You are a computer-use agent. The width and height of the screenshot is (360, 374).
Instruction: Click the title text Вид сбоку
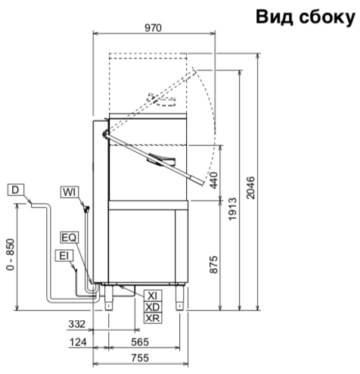[306, 17]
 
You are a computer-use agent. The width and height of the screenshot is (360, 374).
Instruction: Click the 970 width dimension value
[153, 28]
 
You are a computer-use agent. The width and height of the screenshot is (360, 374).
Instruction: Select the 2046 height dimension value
[250, 188]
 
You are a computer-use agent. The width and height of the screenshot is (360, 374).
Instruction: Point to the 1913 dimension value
[233, 209]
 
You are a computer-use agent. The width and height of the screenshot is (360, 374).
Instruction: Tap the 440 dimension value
[214, 180]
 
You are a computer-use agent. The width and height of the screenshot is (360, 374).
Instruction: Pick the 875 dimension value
[214, 265]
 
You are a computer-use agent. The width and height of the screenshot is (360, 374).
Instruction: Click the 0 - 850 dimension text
[11, 254]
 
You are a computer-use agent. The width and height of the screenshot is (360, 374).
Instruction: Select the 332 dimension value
[77, 324]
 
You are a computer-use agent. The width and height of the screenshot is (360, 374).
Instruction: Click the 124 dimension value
[78, 342]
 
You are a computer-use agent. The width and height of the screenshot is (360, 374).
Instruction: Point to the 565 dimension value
[140, 342]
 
